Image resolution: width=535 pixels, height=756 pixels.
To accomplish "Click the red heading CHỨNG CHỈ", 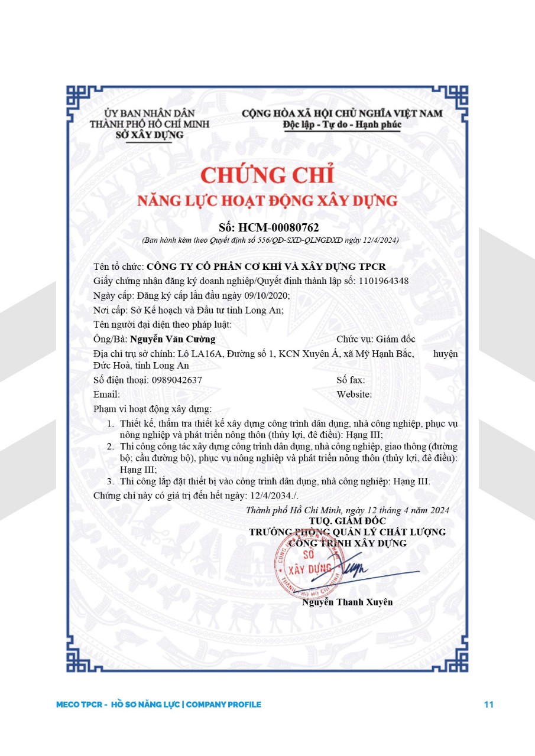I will click(x=268, y=175).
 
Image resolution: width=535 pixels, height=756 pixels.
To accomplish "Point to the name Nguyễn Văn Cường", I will click(x=173, y=339).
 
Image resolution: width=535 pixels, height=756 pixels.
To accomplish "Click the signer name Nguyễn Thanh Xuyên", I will click(x=347, y=602).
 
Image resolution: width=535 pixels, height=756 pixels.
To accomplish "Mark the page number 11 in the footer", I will click(x=488, y=705).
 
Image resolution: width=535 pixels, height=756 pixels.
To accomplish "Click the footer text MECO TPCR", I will click(x=80, y=705).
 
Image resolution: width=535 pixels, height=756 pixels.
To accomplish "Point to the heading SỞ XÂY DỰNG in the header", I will click(x=149, y=135).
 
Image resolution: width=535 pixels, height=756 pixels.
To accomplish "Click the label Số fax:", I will click(x=351, y=380).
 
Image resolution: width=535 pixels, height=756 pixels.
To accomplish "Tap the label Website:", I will click(x=354, y=395).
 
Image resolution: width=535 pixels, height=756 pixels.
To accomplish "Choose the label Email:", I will click(x=106, y=395).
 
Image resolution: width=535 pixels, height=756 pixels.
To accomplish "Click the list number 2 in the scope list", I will click(x=110, y=446).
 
